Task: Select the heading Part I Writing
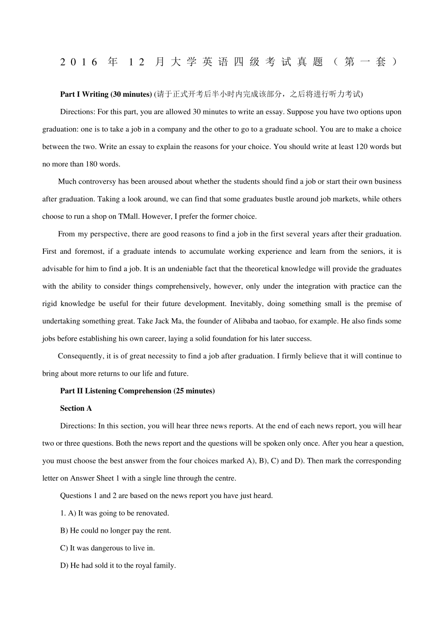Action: (x=84, y=94)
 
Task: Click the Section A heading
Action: (x=76, y=408)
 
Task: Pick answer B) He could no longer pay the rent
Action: (x=115, y=531)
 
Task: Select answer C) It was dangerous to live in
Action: (x=107, y=548)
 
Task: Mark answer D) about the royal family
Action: (x=118, y=566)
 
